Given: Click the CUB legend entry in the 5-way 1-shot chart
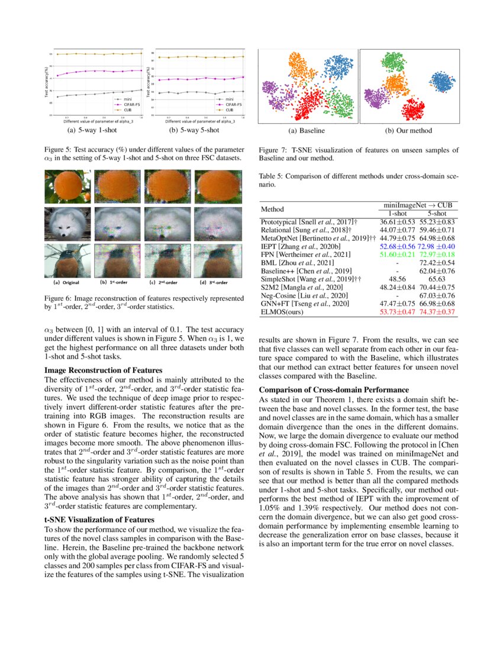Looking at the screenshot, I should [125, 110].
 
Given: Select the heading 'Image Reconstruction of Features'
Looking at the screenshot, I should [104, 370].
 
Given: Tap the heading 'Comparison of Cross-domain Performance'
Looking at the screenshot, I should [334, 389].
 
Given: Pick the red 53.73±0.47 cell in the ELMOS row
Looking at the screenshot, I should [396, 311].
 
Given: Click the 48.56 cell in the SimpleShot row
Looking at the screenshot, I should [396, 278].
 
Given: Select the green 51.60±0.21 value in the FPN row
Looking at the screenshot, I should [396, 254].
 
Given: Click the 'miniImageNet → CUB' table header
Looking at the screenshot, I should [416, 204].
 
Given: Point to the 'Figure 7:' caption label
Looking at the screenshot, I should [274, 150].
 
